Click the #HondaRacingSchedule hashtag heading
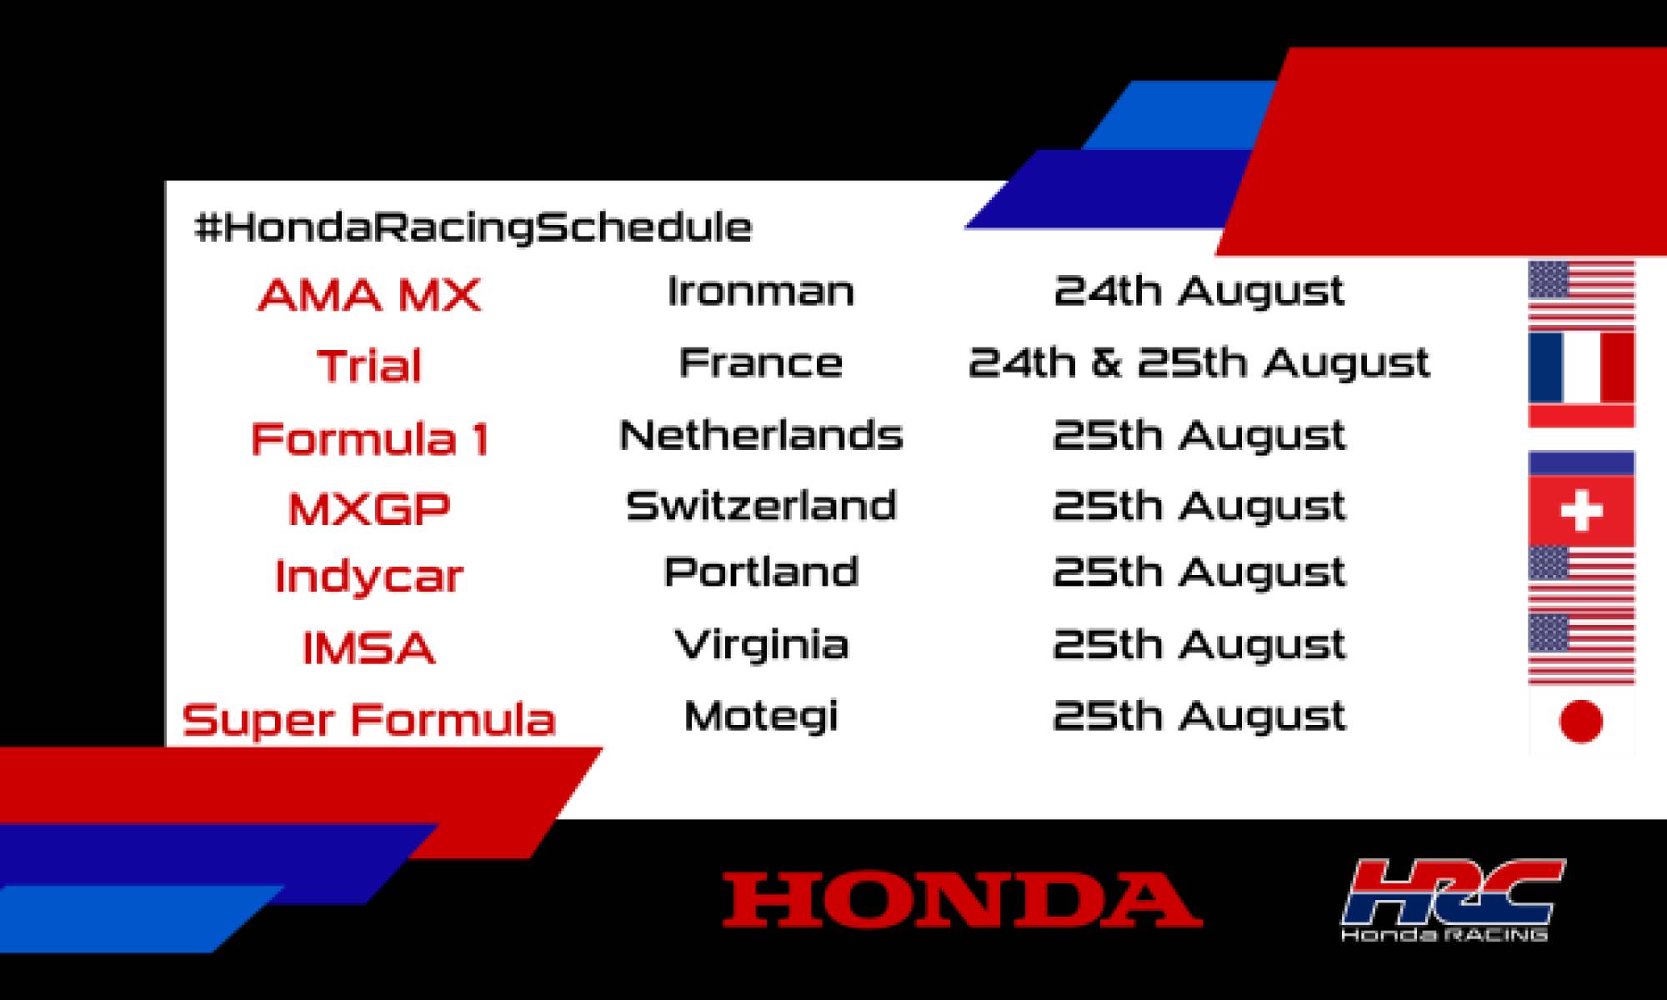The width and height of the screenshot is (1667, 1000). coord(473,227)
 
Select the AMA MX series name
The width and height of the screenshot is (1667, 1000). coord(369,295)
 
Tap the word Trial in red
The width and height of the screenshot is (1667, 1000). coord(369,366)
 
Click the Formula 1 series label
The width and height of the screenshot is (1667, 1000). coord(369,439)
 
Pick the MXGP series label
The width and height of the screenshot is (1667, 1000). coord(369,508)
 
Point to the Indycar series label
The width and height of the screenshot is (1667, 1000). coord(369,577)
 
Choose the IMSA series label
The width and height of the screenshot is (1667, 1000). coord(369,648)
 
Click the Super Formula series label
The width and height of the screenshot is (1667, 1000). coord(369,720)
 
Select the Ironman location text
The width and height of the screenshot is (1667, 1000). coord(761,292)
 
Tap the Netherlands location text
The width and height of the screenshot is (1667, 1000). coord(761,435)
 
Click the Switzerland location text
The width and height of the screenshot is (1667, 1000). coord(761,506)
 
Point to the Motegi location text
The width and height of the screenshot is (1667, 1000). coord(761,717)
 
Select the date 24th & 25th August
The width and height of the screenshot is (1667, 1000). coord(1199,363)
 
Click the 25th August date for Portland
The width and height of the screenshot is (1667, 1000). coord(1199,572)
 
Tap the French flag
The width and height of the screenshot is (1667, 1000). coord(1581,367)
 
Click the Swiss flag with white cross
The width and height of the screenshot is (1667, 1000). coord(1581,511)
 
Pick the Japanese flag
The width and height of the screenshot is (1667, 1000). coord(1581,721)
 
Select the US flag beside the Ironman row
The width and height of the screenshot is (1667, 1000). coord(1581,293)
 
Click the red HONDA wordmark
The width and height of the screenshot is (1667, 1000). coord(962,900)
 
